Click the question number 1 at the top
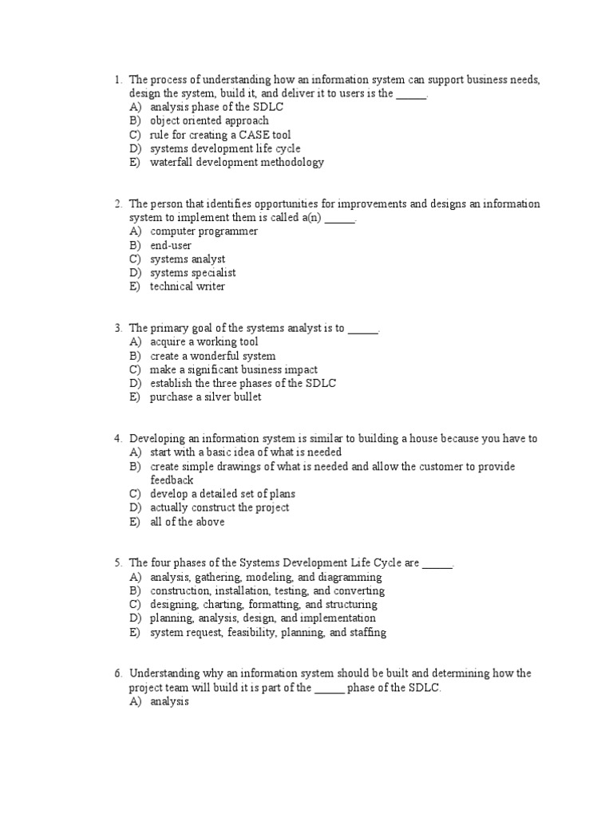(x=117, y=80)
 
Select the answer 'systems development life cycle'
(x=225, y=148)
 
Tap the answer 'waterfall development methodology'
(x=236, y=162)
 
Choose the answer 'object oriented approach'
(x=209, y=120)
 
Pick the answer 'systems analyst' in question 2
(x=188, y=259)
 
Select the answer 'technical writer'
(x=188, y=286)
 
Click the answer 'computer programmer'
(x=204, y=231)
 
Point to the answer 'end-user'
(x=171, y=246)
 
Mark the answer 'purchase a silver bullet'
(x=205, y=397)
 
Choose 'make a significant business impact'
(x=233, y=369)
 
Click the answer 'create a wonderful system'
(x=212, y=356)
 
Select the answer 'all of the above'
(x=187, y=522)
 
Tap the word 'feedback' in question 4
(x=172, y=480)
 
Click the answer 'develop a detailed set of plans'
(x=222, y=494)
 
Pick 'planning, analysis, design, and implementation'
(x=263, y=618)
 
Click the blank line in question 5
(x=437, y=563)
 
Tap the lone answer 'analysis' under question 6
(x=169, y=702)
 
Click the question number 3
(x=117, y=328)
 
